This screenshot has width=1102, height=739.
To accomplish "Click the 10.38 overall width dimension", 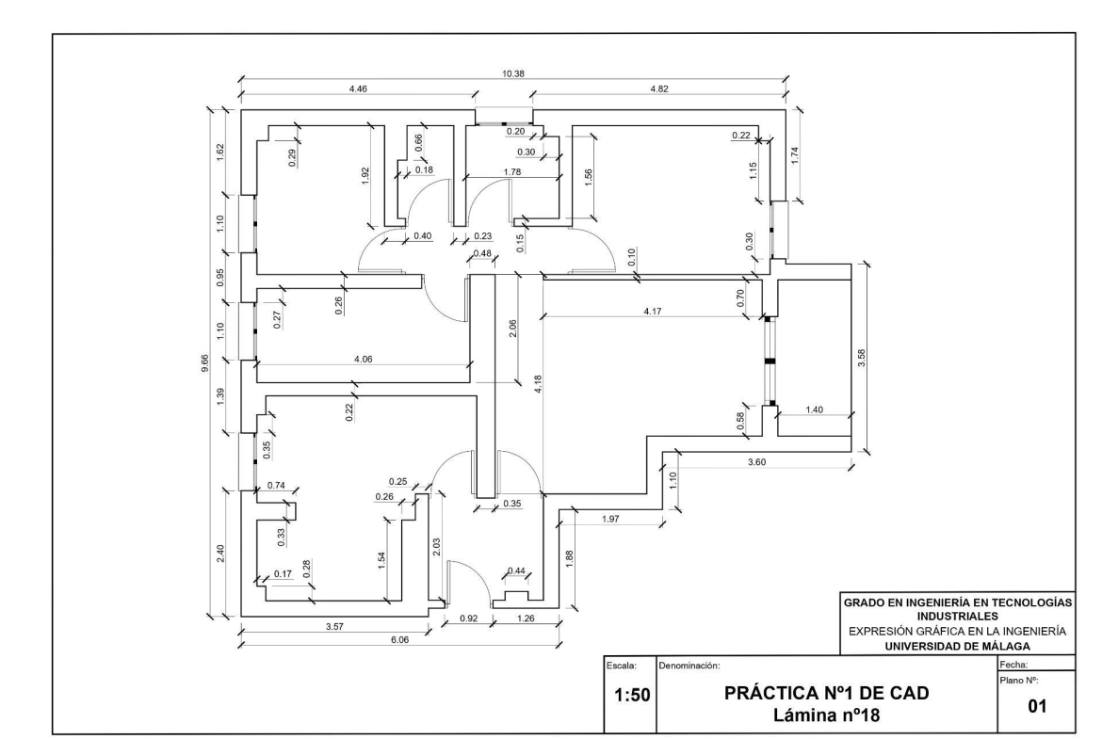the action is [513, 73].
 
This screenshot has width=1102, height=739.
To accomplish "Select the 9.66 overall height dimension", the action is [204, 363].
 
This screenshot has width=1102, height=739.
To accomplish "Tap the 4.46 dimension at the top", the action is [358, 89].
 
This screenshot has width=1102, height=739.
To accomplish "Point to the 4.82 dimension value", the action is [659, 89].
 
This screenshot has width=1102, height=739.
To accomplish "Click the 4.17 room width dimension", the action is [652, 312].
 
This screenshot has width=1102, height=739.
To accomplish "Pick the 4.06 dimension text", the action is [364, 359].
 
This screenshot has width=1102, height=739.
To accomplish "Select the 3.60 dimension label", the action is [756, 461].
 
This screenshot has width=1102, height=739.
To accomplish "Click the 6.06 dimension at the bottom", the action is [399, 639].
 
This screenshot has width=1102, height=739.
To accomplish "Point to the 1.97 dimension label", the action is [610, 519].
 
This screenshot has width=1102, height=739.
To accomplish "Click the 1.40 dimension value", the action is [814, 410].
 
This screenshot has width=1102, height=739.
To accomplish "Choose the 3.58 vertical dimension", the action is [862, 358].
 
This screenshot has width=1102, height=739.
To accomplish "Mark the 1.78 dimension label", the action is [512, 172].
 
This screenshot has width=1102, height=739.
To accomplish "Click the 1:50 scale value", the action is [632, 696].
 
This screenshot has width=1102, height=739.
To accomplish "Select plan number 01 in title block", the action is [1037, 706].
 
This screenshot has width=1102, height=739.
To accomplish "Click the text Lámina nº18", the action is [827, 715].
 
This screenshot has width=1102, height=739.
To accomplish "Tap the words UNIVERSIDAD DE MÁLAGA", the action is [957, 647].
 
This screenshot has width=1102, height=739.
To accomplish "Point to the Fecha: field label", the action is [1013, 665].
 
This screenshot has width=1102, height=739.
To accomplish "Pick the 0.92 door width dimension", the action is [469, 619].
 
